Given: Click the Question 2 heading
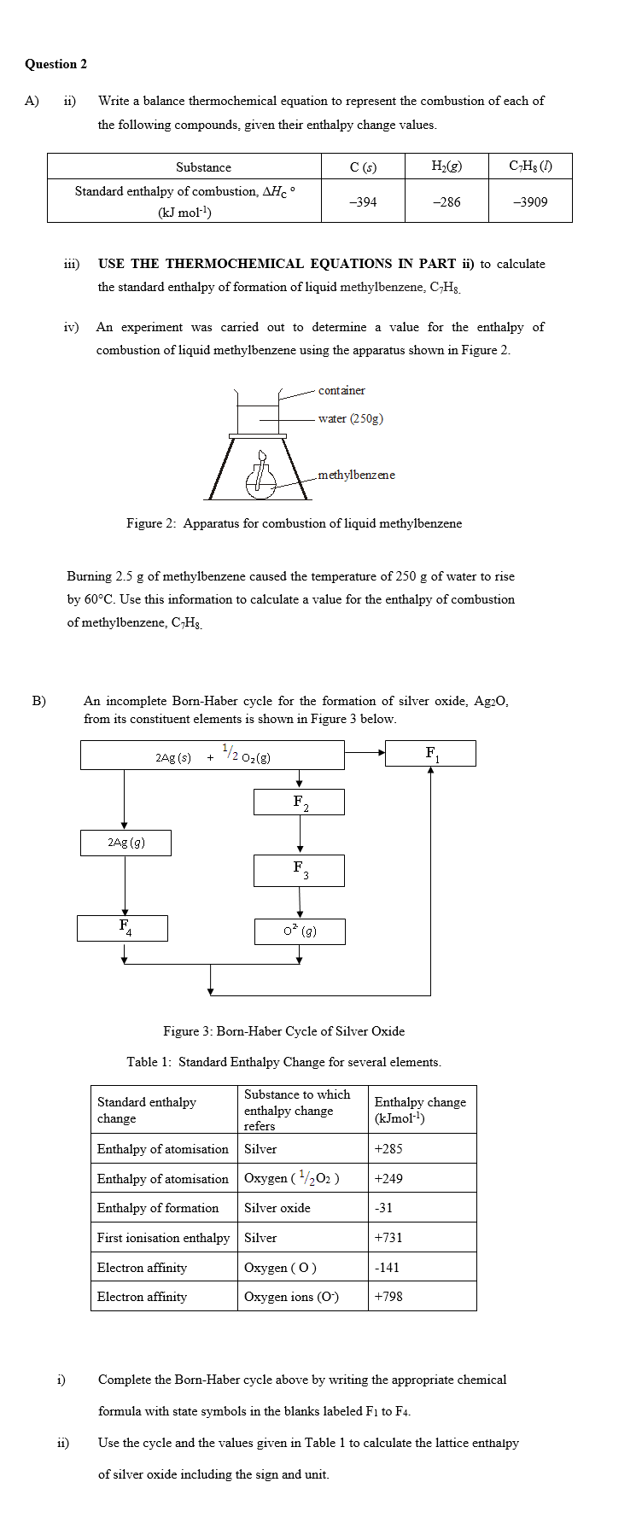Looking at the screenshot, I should pos(55,64).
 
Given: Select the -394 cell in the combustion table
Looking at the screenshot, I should pos(363,202).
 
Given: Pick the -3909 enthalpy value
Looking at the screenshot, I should pos(530,202).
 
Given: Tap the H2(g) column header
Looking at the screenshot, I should pos(446,166).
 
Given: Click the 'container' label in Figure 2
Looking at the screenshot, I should pos(341,391).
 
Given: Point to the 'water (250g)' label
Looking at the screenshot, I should pos(350,418).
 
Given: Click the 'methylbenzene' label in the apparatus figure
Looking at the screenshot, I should pos(356,475).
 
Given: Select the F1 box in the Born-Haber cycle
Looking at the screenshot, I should pos(430,754).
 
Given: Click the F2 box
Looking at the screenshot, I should pos(299,802).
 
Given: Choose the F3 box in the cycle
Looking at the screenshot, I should pos(299,870).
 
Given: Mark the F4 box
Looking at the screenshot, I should pos(123,928).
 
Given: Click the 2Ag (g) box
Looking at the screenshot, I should pos(125,843).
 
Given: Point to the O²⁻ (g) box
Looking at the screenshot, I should pos(300,931).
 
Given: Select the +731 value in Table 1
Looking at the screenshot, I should pos(388,1238).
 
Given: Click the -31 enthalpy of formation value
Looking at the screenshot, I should pos(383,1208).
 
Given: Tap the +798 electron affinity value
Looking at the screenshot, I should pos(388,1297).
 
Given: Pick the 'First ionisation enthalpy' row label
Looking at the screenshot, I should pos(163,1238).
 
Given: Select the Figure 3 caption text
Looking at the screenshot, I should pos(283,1031).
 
